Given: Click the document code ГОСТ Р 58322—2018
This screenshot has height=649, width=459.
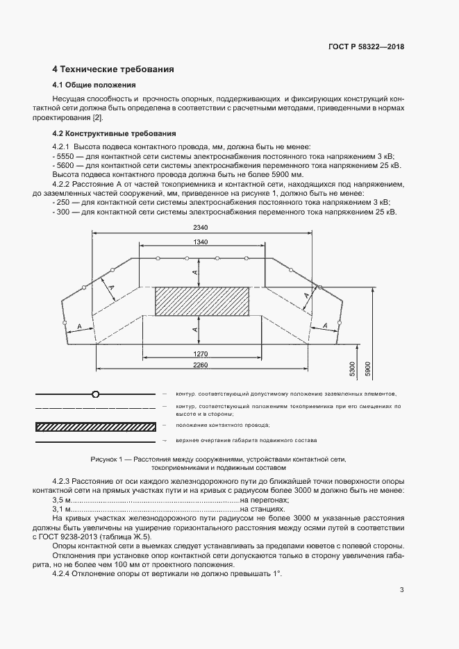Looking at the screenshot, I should click(365, 47).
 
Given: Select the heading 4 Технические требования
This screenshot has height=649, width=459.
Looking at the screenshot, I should click(113, 69).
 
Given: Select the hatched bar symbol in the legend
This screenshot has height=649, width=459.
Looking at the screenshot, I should click(94, 425).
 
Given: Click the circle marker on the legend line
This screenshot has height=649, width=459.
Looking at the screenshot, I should click(95, 394).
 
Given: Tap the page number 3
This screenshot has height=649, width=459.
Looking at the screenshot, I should click(401, 591).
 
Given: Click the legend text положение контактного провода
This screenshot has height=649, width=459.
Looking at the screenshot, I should click(224, 424).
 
